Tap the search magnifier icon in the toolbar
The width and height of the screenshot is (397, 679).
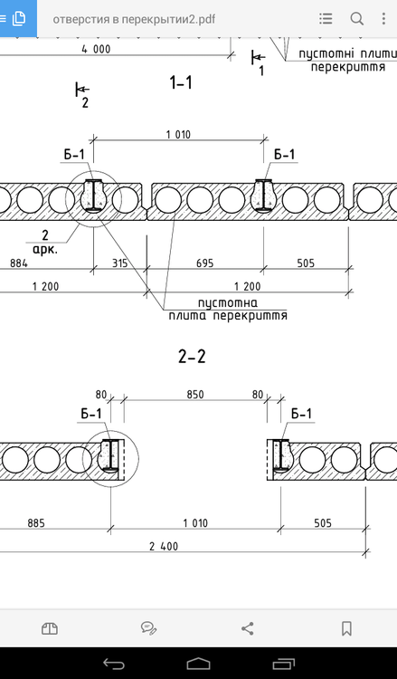357,19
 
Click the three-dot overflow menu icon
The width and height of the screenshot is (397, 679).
383,19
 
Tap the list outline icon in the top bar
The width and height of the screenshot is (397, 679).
326,19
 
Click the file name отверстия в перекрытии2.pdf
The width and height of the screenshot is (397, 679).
134,20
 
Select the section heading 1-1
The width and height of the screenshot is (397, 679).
181,82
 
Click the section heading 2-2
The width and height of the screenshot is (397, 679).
192,357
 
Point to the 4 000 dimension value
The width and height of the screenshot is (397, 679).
96,50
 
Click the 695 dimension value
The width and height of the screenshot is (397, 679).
204,263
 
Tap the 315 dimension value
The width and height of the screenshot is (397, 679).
119,263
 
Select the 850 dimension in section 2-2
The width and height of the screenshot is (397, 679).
195,395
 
